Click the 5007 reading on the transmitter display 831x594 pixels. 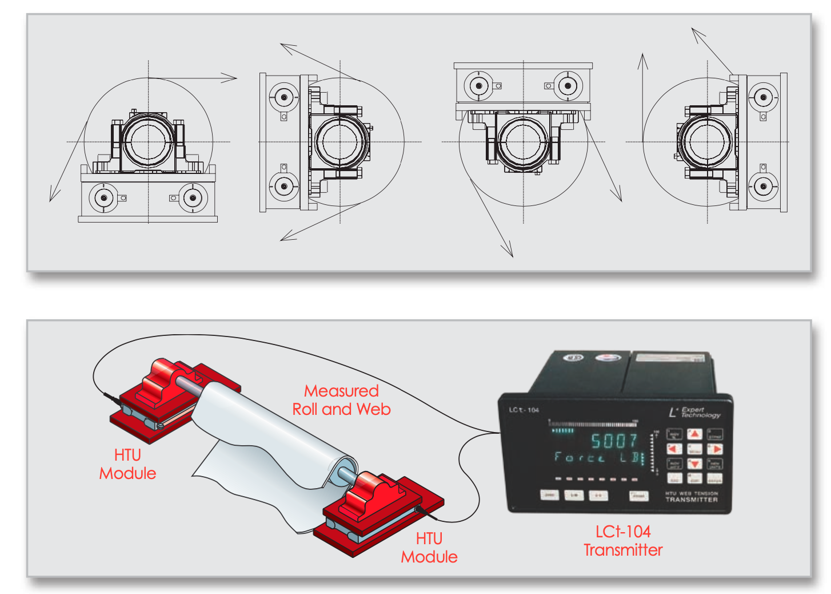tap(613, 441)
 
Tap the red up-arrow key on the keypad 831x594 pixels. tap(694, 434)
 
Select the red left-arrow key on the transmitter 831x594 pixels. tap(674, 449)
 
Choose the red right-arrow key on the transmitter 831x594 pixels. tap(715, 449)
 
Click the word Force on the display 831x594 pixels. tap(579, 457)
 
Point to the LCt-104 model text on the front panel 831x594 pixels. tap(524, 410)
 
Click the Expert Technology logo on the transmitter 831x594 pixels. tap(694, 412)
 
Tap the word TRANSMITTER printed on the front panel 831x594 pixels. tap(692, 500)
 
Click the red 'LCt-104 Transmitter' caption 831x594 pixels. tap(623, 541)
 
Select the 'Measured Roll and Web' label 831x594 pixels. tap(341, 400)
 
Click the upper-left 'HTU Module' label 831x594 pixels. tap(127, 464)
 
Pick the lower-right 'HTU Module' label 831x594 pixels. tap(429, 548)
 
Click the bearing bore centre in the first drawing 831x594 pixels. tap(149, 142)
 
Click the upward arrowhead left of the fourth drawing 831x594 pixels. tap(643, 57)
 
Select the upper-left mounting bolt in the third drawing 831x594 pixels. tap(478, 86)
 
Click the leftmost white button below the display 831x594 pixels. tap(549, 494)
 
